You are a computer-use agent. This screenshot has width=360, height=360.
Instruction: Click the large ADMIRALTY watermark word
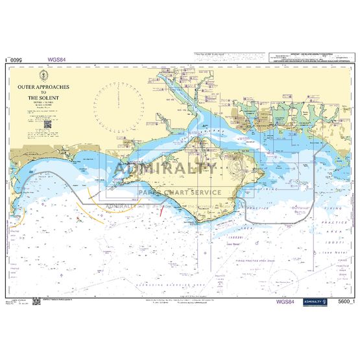(x=165, y=171)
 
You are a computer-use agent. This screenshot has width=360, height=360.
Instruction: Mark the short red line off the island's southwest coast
(x=160, y=209)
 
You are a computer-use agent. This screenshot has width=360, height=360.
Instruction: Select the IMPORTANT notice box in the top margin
(x=308, y=58)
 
